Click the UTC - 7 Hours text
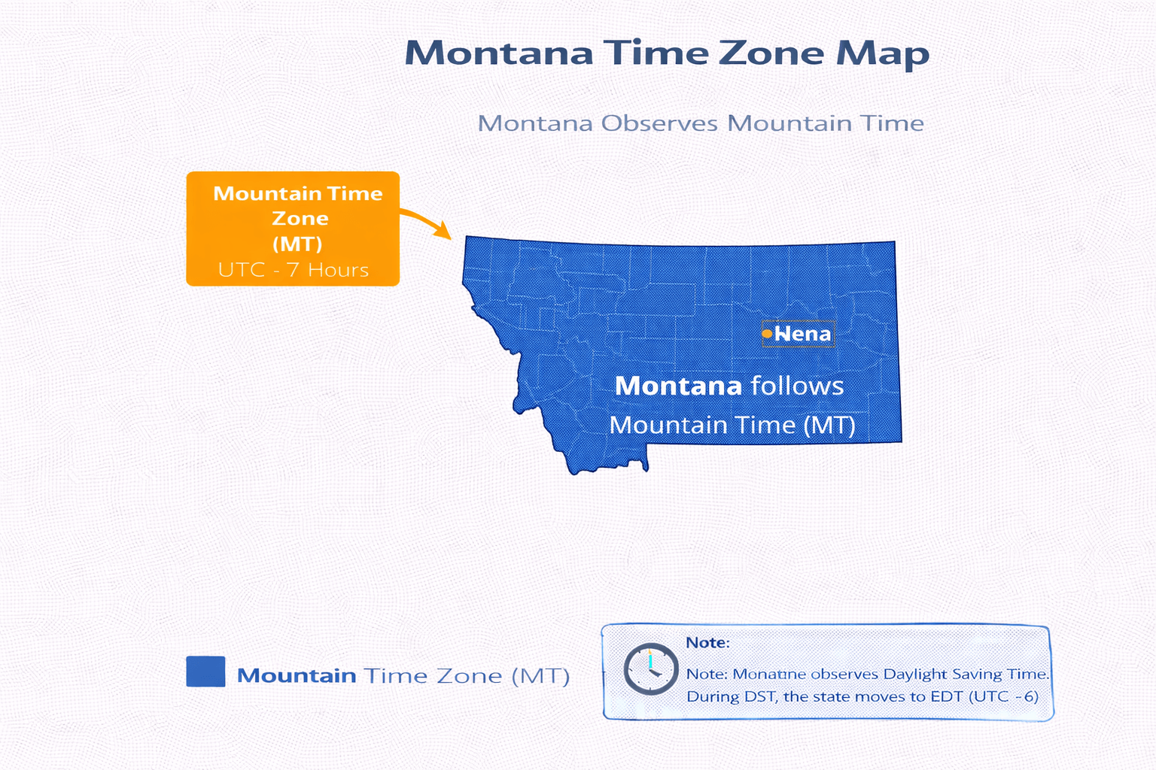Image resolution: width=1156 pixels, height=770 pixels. tap(294, 270)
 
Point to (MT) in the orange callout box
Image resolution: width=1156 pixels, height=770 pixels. tap(297, 244)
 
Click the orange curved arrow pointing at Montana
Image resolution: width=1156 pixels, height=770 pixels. tap(427, 223)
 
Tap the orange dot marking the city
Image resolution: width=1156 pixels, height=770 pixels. tap(767, 333)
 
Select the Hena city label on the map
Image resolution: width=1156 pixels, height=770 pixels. tap(803, 334)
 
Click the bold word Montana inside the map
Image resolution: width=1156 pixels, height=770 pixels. tap(678, 386)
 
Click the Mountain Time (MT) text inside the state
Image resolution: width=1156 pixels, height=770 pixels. tap(732, 426)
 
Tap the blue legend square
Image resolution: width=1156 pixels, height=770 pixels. tap(205, 671)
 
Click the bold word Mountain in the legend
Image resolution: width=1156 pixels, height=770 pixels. tap(297, 675)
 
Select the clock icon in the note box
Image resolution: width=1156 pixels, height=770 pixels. tap(650, 668)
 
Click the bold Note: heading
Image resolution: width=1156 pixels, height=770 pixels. tap(707, 643)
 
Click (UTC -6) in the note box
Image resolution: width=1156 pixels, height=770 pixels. tap(1004, 696)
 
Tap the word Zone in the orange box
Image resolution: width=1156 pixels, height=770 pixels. tap(300, 219)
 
